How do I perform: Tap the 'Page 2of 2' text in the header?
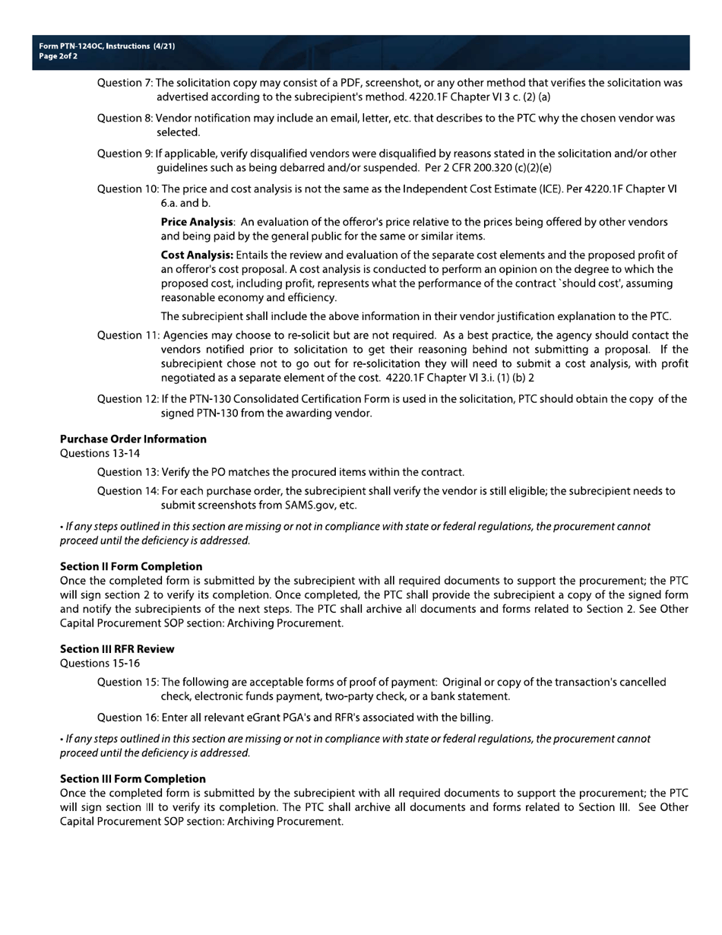coord(58,56)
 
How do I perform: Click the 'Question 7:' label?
coord(125,83)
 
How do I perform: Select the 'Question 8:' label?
coord(125,119)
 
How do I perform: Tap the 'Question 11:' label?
coord(128,335)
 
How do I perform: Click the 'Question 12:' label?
coord(128,399)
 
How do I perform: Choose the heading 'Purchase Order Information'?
coord(133,439)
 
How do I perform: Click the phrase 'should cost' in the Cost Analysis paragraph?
coord(588,284)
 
